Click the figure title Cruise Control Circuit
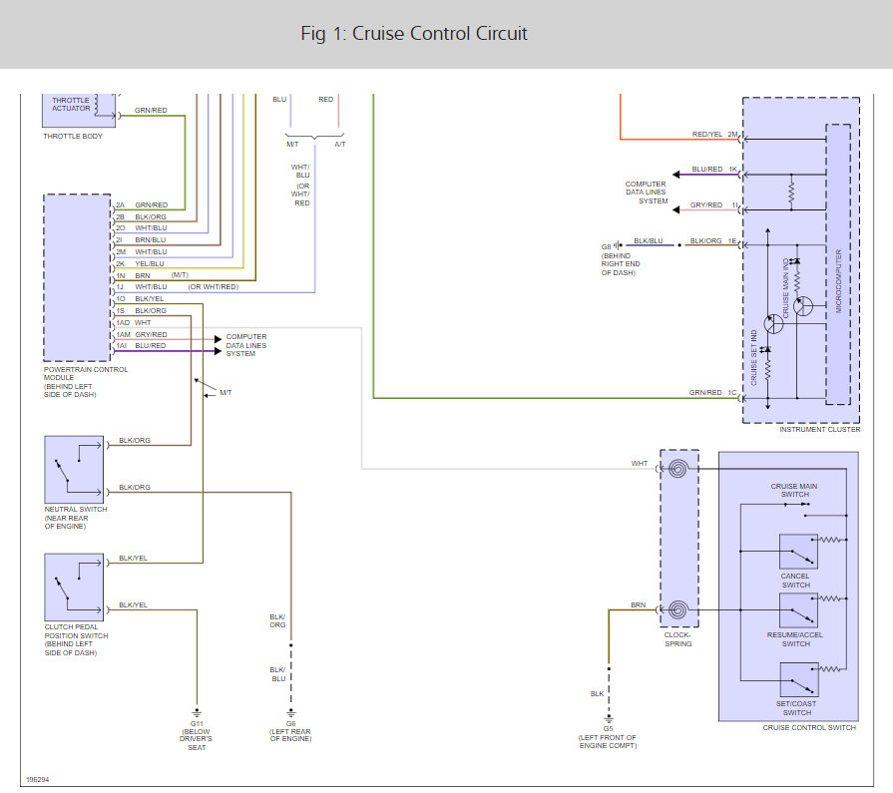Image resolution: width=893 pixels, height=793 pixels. (x=414, y=34)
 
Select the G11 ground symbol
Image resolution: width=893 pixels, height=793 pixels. (x=197, y=713)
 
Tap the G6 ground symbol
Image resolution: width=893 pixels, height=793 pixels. (x=291, y=713)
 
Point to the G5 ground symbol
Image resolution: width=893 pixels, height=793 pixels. (x=609, y=718)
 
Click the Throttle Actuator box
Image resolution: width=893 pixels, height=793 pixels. (x=79, y=110)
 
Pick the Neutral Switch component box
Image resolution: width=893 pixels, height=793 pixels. (x=74, y=470)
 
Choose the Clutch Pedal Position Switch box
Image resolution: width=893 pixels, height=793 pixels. (x=74, y=587)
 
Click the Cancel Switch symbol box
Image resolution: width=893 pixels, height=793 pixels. (x=799, y=552)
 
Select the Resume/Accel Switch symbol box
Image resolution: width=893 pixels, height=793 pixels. (x=799, y=610)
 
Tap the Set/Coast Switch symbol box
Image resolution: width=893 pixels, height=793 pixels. (x=799, y=679)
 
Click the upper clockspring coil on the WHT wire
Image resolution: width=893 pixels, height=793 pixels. (x=677, y=469)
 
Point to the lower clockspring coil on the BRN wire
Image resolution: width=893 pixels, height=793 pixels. (x=677, y=609)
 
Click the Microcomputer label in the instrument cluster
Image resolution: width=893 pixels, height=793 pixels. (x=838, y=281)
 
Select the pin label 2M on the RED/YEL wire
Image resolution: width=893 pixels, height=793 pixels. (x=732, y=135)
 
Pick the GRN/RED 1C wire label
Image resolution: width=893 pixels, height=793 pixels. (x=713, y=392)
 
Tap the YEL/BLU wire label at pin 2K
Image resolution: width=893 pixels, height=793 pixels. (x=150, y=263)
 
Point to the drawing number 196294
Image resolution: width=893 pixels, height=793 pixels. (x=38, y=779)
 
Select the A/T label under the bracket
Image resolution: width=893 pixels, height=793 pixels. (x=340, y=144)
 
